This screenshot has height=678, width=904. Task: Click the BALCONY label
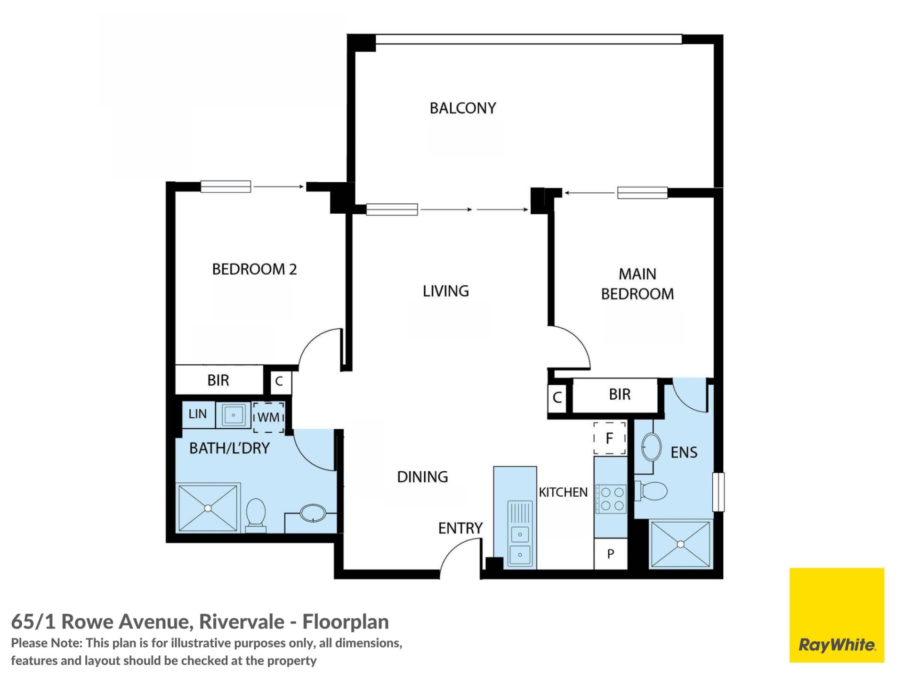coord(463,108)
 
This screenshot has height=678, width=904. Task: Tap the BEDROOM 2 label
coord(254,269)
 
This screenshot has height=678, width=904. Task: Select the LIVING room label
coord(445,291)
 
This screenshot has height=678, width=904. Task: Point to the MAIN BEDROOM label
coord(638,284)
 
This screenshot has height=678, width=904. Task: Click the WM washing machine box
coord(269,417)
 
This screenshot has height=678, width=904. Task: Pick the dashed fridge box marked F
coord(610,438)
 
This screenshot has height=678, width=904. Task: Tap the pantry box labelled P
coord(611,554)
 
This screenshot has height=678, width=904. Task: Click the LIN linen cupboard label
coord(198,414)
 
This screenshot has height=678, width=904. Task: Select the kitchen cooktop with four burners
coord(611,499)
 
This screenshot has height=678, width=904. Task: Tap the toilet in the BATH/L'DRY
coord(256,516)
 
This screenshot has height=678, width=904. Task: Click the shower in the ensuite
coord(680,544)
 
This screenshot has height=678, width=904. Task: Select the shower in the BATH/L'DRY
coord(208,508)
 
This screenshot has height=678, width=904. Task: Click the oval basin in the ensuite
coord(652,446)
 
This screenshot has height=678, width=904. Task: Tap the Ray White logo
coord(837,615)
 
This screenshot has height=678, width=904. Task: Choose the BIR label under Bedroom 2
coord(218,380)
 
